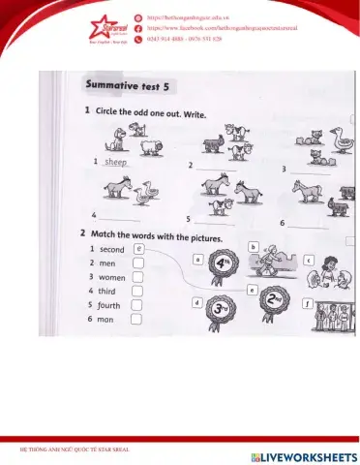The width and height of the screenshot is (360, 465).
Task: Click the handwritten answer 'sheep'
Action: pyautogui.click(x=116, y=162)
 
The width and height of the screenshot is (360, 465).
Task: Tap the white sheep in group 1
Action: pyautogui.click(x=150, y=146)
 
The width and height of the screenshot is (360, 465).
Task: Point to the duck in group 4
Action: pyautogui.click(x=146, y=198)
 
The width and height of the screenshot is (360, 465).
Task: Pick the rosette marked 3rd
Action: pyautogui.click(x=222, y=309)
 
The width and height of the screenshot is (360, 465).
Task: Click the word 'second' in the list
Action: pyautogui.click(x=112, y=249)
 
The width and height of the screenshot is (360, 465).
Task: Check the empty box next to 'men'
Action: pyautogui.click(x=138, y=263)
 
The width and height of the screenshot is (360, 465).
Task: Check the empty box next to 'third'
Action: pyautogui.click(x=138, y=290)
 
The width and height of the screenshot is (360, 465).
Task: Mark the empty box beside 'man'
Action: pyautogui.click(x=138, y=318)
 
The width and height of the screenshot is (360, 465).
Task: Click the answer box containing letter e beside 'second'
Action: pyautogui.click(x=138, y=248)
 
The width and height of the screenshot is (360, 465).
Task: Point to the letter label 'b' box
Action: pyautogui.click(x=253, y=248)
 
